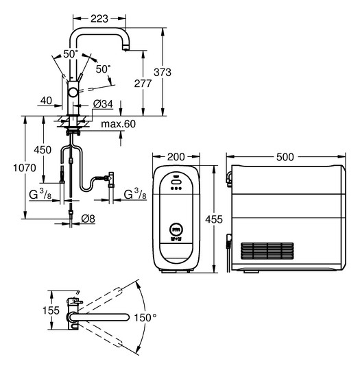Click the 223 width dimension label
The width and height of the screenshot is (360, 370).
99,18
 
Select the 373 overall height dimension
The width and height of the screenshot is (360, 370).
163,72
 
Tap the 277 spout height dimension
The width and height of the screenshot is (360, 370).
143,84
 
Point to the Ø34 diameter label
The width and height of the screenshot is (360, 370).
103,104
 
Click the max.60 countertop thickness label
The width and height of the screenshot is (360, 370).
119,124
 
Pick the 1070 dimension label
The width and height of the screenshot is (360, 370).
25,168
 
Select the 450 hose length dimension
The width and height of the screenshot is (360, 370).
43,150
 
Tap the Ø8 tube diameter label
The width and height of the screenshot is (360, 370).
88,219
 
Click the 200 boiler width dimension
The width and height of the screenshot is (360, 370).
176,157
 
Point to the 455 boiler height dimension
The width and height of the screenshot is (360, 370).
214,220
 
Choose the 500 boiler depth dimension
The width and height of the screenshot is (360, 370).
285,157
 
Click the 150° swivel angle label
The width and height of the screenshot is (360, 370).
145,318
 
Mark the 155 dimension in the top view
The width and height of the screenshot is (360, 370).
51,310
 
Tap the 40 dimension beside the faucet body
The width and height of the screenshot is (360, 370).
46,101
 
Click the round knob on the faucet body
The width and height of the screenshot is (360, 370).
73,92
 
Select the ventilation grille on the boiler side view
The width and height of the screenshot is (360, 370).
267,251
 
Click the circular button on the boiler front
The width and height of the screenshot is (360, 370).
177,229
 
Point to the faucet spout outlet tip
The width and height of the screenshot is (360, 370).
125,49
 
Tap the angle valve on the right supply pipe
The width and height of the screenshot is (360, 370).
111,179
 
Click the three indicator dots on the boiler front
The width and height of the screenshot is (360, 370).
176,188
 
